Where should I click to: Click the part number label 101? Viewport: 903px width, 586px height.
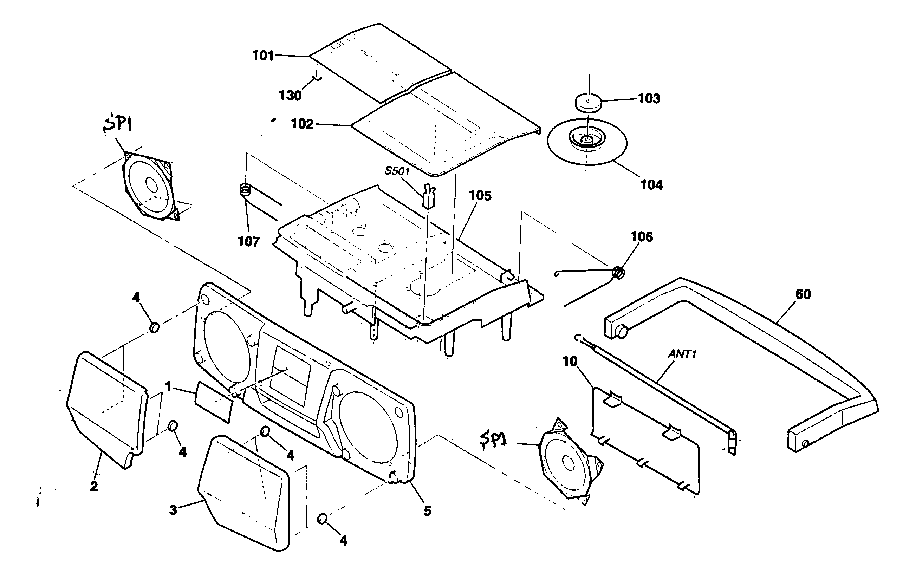tap(263, 56)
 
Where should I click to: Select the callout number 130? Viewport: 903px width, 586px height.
tap(290, 95)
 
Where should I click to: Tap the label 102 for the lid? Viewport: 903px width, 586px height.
tap(302, 124)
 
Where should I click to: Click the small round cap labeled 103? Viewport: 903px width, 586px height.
tap(588, 103)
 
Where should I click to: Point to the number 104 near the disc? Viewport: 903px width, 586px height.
tap(651, 185)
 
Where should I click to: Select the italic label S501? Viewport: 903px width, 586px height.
tap(397, 171)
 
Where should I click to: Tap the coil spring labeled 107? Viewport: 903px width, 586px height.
tap(246, 189)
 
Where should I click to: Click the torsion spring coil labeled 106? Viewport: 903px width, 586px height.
tap(618, 272)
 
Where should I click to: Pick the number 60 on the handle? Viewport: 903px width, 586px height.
tap(803, 294)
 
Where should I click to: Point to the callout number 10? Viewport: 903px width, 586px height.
tap(570, 362)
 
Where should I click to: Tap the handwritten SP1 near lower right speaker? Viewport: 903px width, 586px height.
tap(493, 441)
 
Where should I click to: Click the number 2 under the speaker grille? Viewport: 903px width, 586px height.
tap(94, 486)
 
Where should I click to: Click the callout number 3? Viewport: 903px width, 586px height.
tap(173, 510)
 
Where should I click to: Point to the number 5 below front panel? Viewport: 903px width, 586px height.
tap(427, 511)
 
